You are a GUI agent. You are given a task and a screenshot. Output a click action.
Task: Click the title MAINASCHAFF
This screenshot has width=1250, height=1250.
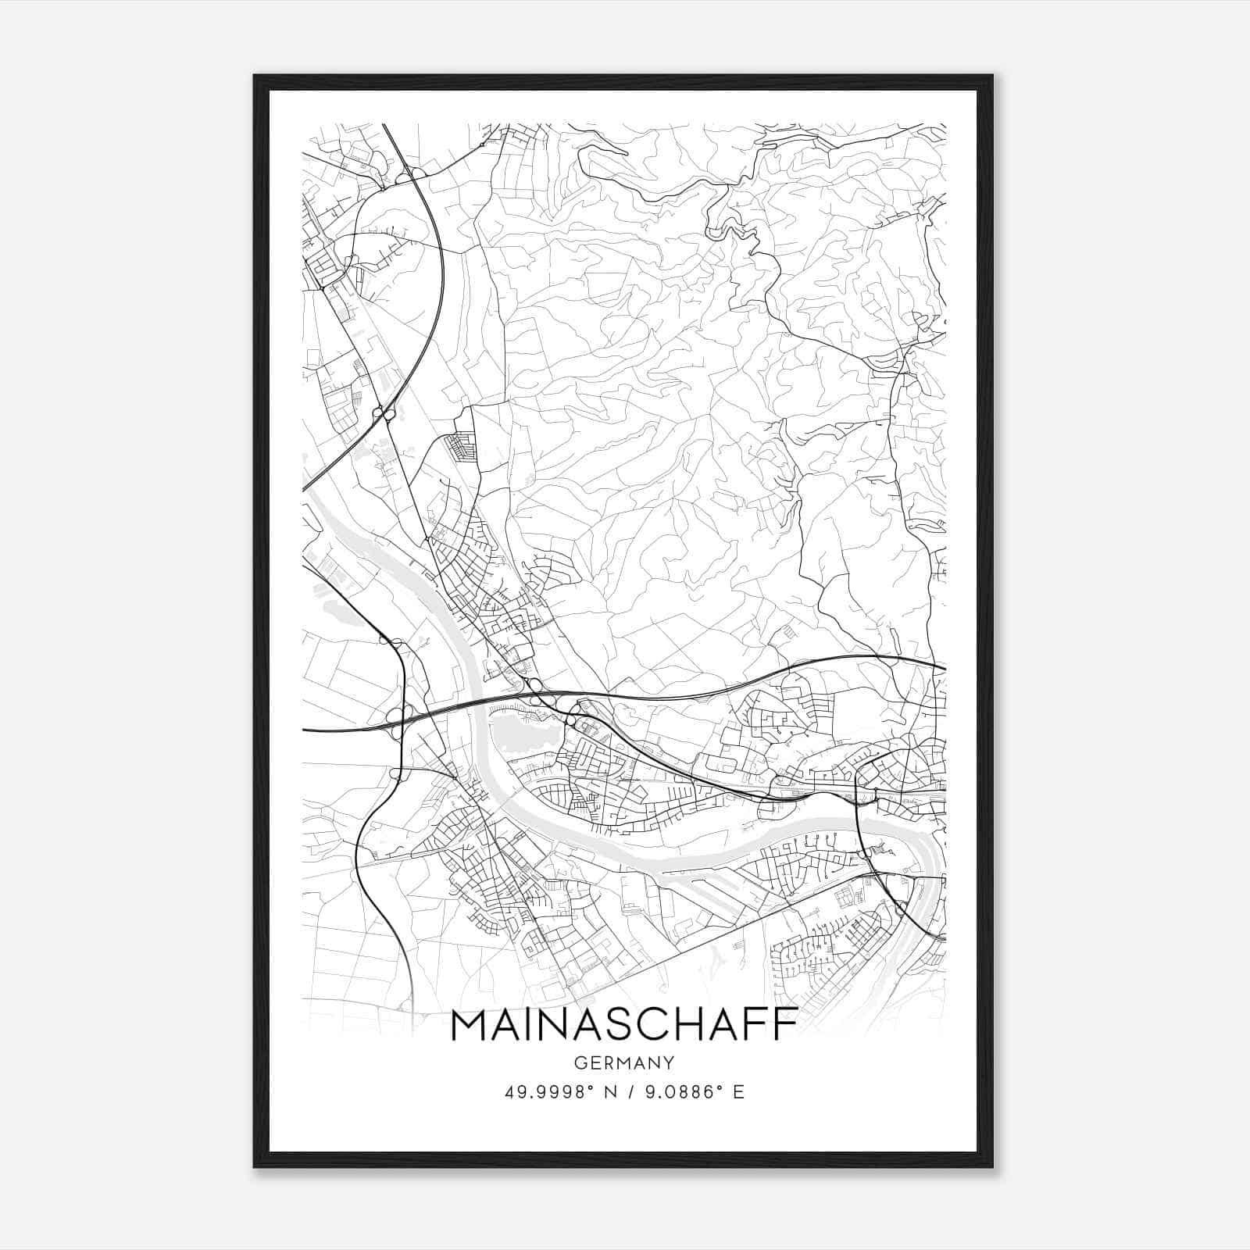pyautogui.click(x=624, y=1025)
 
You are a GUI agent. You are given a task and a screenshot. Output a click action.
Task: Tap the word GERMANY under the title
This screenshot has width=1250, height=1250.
pyautogui.click(x=624, y=1062)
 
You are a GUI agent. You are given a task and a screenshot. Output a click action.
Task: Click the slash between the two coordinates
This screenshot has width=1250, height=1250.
pyautogui.click(x=629, y=1092)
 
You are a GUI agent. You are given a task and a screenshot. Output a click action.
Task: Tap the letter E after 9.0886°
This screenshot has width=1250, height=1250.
pyautogui.click(x=738, y=1092)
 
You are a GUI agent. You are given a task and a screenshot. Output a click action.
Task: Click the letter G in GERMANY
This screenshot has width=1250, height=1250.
pyautogui.click(x=579, y=1062)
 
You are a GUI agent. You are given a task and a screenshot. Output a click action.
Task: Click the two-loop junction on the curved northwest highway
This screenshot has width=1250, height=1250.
pyautogui.click(x=384, y=413)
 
